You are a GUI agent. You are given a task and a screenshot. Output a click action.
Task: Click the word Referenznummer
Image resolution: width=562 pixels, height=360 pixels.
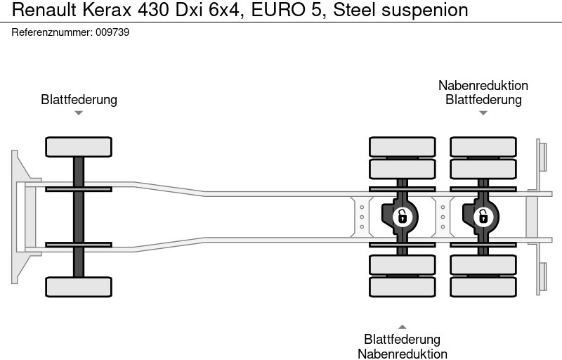coord(51,32)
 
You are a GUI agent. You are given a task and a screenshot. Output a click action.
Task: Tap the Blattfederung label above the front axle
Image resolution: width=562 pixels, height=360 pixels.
coord(79,99)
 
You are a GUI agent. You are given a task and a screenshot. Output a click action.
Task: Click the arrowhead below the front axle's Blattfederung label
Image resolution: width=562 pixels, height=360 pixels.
coord(79,112)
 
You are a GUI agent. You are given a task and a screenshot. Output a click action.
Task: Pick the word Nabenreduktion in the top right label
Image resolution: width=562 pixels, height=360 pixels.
coord(483,85)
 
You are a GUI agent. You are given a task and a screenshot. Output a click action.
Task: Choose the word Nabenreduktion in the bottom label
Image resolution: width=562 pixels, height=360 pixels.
coord(403,354)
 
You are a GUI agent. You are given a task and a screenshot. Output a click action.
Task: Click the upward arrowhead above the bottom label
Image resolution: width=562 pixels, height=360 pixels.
coord(403,326)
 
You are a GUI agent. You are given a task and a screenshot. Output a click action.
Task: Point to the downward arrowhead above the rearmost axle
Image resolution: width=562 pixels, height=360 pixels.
coord(483,112)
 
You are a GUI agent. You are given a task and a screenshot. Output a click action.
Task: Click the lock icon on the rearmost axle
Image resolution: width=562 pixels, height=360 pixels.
coord(482,216)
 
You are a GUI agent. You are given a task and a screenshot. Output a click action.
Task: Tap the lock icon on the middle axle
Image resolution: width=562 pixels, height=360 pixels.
coord(402,216)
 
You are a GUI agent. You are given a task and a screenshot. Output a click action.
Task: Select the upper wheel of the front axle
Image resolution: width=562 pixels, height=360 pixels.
coord(79,147)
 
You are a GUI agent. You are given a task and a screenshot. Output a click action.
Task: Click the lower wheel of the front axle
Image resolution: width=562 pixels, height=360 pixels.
coord(79,286)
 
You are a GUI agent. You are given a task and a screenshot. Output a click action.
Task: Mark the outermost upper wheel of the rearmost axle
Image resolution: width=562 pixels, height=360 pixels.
coord(483,146)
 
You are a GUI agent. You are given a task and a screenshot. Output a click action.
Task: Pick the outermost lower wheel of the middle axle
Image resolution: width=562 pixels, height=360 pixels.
coord(403,287)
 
